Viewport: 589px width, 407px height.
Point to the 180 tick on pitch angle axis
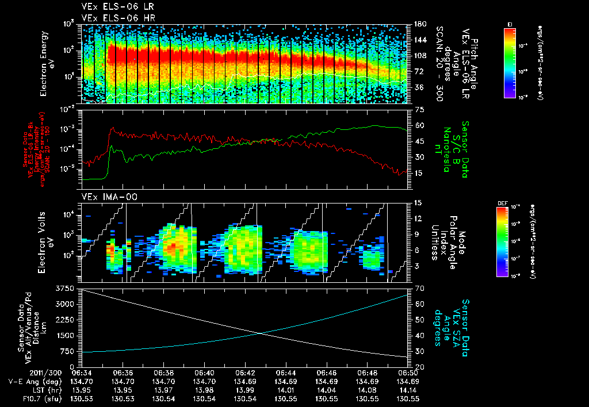coord(419,24)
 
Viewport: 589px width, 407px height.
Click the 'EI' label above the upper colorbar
coord(510,24)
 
